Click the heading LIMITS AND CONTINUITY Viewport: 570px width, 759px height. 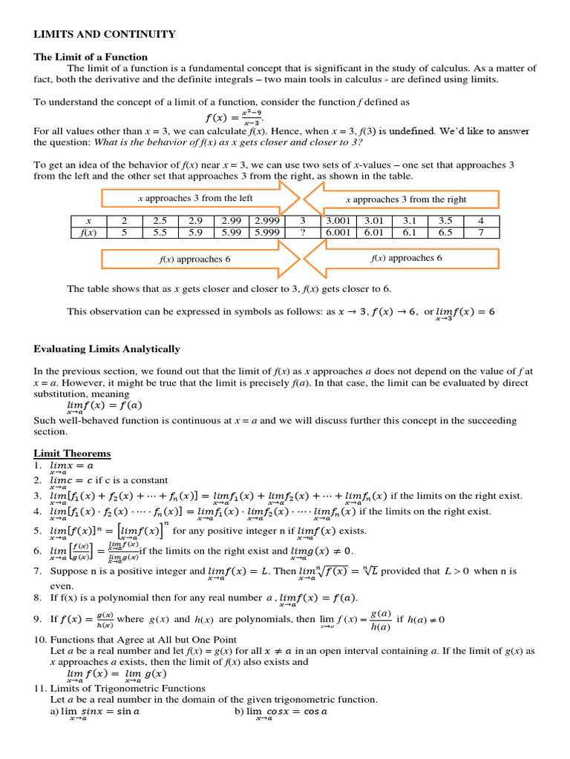coord(105,34)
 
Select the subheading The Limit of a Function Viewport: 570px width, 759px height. coord(91,57)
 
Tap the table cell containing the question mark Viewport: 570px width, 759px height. coord(302,233)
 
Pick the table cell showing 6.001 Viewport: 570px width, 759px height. coord(338,233)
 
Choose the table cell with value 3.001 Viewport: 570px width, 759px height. coord(338,221)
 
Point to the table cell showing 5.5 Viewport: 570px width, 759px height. coord(160,233)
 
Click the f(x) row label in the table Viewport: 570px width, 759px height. coord(88,233)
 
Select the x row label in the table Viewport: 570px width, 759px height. coord(88,221)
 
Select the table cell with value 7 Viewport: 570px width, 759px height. coord(481,233)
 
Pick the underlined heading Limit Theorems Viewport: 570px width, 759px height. coord(72,454)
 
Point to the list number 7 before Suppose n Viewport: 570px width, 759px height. coord(38,571)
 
